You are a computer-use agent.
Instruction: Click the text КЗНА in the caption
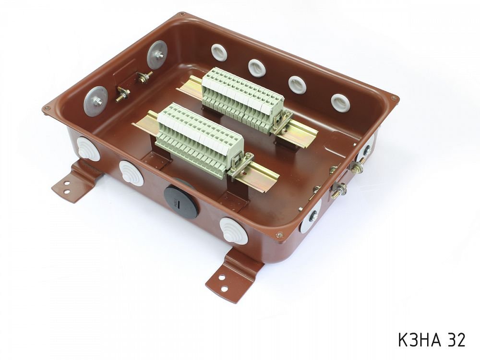tap(419, 339)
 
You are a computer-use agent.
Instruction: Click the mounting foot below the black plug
tap(232, 276)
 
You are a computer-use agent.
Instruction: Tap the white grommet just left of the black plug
tap(132, 173)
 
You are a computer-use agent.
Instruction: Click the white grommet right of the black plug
tap(234, 231)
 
